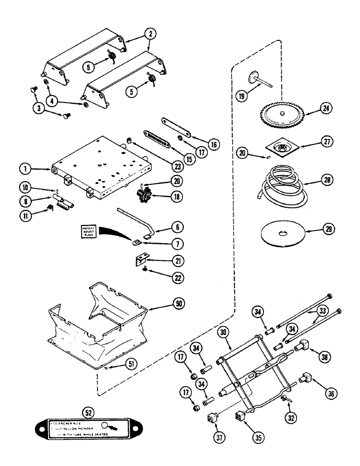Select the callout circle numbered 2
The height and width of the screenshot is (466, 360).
(x=150, y=34)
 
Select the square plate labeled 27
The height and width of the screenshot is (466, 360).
(x=280, y=149)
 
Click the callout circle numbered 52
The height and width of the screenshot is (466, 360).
(x=87, y=411)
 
